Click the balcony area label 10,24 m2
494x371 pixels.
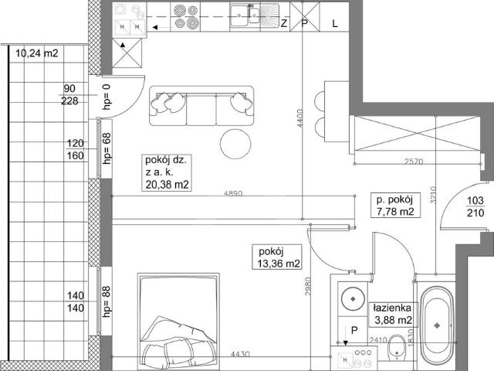click(37, 53)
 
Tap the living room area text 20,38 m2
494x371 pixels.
click(167, 184)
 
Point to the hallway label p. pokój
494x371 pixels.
click(394, 199)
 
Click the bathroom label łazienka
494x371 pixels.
click(392, 308)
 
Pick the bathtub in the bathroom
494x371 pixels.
click(437, 325)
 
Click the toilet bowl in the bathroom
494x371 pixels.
click(397, 348)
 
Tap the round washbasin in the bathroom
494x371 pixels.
click(354, 298)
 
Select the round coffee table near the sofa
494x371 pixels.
click(235, 145)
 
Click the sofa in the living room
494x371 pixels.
click(201, 106)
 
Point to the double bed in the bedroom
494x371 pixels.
click(178, 322)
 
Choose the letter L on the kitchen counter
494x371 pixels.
click(335, 23)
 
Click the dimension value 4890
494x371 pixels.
click(233, 194)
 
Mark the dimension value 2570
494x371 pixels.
click(414, 162)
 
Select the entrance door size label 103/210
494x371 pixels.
click(475, 206)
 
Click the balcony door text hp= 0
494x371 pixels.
click(107, 97)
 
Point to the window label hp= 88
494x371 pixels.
click(107, 301)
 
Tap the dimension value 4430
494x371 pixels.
click(240, 354)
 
